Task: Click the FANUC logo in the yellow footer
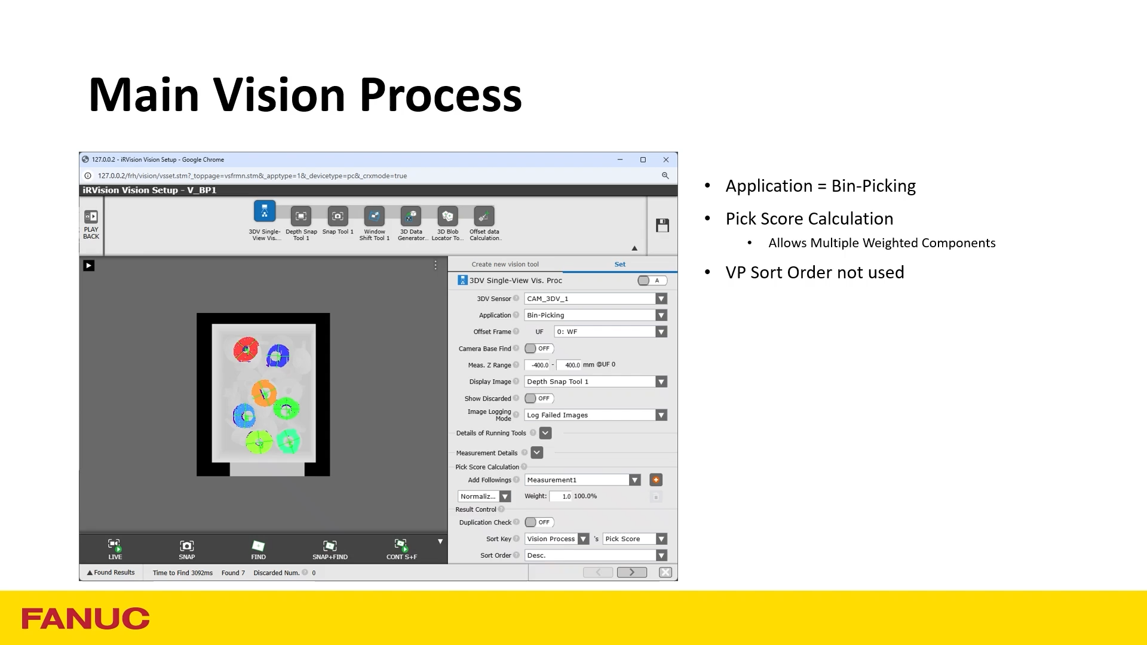[85, 618]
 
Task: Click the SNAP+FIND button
[330, 549]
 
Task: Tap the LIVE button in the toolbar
[115, 549]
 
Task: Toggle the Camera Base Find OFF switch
[539, 349]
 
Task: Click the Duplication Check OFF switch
[539, 523]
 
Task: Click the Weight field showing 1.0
[561, 496]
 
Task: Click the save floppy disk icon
[663, 225]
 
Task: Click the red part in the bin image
[246, 349]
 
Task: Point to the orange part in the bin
[263, 392]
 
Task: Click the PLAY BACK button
[91, 224]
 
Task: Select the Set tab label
[620, 264]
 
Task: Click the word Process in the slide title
[440, 95]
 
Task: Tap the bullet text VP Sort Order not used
[815, 273]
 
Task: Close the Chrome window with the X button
[666, 159]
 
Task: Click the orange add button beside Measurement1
[656, 480]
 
